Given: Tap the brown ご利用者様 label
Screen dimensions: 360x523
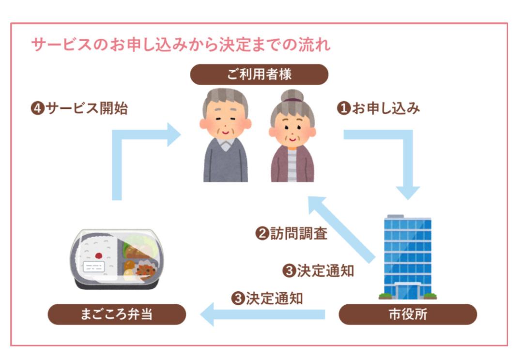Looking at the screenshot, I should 259,75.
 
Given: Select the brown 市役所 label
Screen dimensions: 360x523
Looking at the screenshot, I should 407,315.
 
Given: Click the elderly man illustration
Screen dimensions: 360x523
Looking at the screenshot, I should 225,135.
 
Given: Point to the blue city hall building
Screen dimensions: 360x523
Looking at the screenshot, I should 407,256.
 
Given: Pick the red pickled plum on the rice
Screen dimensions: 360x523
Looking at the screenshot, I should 99,255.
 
